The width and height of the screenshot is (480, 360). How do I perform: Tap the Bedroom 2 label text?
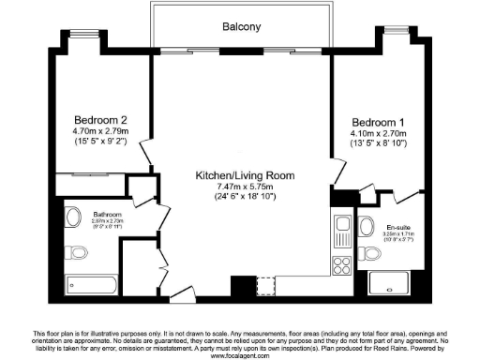103,120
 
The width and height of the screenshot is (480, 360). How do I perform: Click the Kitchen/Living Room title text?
245,175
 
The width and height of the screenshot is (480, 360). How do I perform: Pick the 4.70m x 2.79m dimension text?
103,132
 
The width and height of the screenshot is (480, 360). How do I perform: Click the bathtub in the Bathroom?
92,287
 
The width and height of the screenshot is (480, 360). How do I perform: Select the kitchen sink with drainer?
341,229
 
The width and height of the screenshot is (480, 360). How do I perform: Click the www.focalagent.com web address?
240,355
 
